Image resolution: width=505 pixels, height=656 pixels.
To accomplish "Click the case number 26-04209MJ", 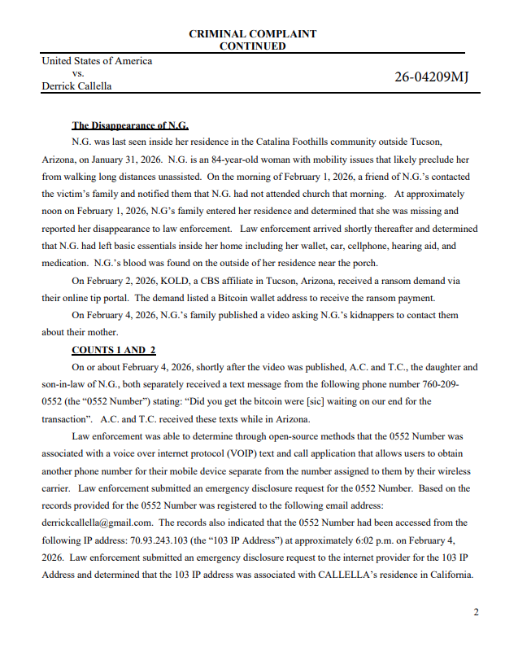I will pos(431,77).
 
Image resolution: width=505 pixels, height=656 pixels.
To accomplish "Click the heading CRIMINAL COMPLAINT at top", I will pos(252,34).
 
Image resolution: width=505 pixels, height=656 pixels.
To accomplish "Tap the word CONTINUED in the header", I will pos(252,46).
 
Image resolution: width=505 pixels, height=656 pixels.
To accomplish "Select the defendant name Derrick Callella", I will pos(76,85).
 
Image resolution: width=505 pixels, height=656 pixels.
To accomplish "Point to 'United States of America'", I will pos(97,61).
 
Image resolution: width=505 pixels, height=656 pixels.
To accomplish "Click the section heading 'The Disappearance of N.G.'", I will pos(130,125).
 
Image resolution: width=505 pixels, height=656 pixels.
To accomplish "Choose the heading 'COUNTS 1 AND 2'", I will pos(113,350).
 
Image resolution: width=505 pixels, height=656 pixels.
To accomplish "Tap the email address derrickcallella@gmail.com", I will pos(98,523).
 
